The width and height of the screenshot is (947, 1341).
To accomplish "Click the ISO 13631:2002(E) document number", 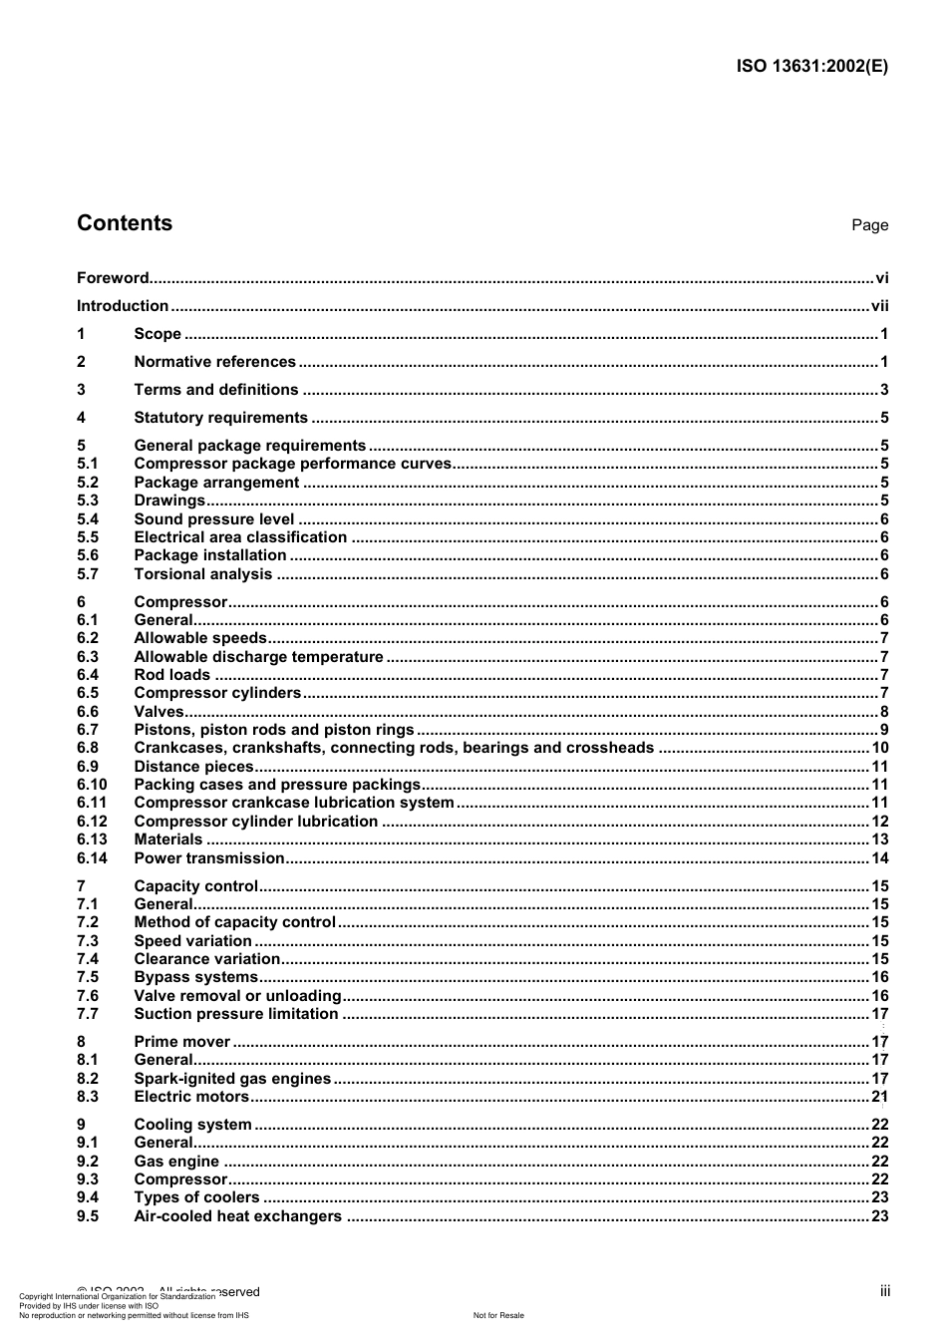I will [x=811, y=67].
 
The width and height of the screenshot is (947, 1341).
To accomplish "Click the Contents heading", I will [x=125, y=223].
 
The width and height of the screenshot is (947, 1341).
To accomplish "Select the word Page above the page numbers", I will [x=869, y=225].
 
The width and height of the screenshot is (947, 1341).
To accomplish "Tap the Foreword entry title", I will [x=113, y=278].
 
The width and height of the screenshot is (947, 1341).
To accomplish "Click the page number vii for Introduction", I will [x=879, y=306].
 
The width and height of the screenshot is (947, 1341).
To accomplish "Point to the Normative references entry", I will [x=214, y=362].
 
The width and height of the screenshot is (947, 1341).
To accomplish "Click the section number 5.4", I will [x=88, y=519].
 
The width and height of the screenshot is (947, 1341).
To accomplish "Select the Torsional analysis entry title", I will [x=203, y=574].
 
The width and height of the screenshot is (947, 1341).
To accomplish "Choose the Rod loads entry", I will [x=171, y=675].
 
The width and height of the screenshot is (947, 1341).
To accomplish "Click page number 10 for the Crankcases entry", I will [x=879, y=748].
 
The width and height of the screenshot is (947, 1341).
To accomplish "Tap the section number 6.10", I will [x=92, y=785].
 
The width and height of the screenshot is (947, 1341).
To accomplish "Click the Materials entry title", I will [x=168, y=839].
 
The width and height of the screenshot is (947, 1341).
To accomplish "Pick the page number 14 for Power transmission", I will [x=879, y=858].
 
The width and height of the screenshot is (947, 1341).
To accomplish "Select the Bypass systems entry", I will [x=195, y=977].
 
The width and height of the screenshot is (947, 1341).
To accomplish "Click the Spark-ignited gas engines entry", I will [x=232, y=1079].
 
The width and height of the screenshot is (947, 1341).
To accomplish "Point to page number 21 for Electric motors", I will [x=879, y=1097].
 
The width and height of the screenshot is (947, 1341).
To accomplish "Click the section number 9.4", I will [x=88, y=1197].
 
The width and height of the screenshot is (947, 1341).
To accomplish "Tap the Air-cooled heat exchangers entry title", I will [x=237, y=1216].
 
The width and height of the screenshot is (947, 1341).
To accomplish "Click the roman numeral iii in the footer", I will [x=884, y=1291].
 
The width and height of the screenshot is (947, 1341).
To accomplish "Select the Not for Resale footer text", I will [x=498, y=1315].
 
